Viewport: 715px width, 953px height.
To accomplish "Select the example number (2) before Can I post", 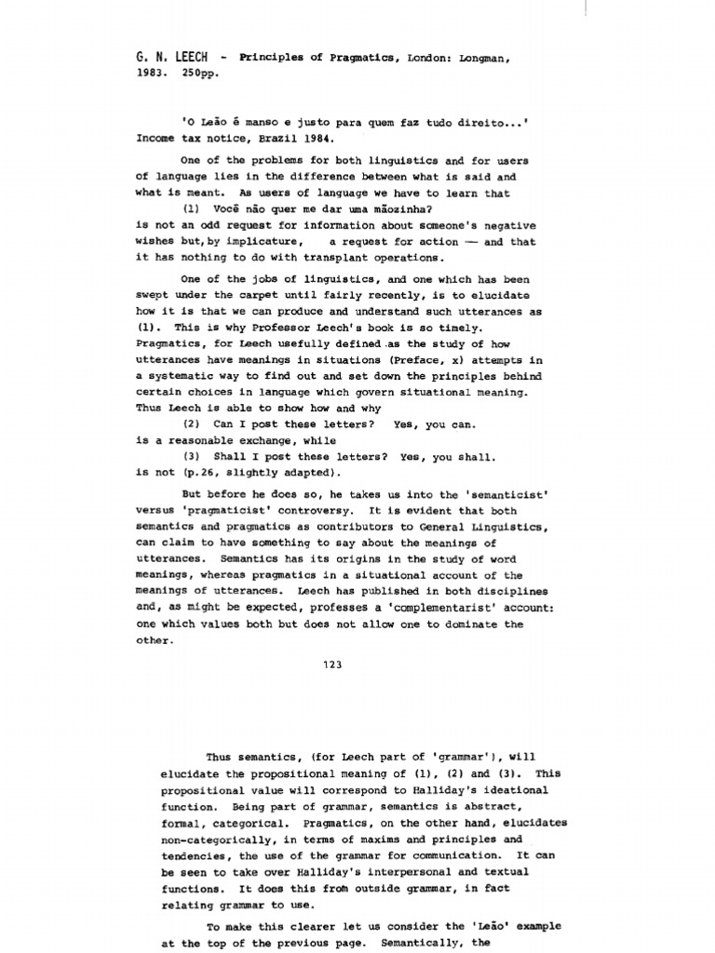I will click(193, 424).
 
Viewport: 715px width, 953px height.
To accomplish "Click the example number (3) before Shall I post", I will click(193, 457).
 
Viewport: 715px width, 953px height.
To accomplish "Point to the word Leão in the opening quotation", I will click(215, 120).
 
